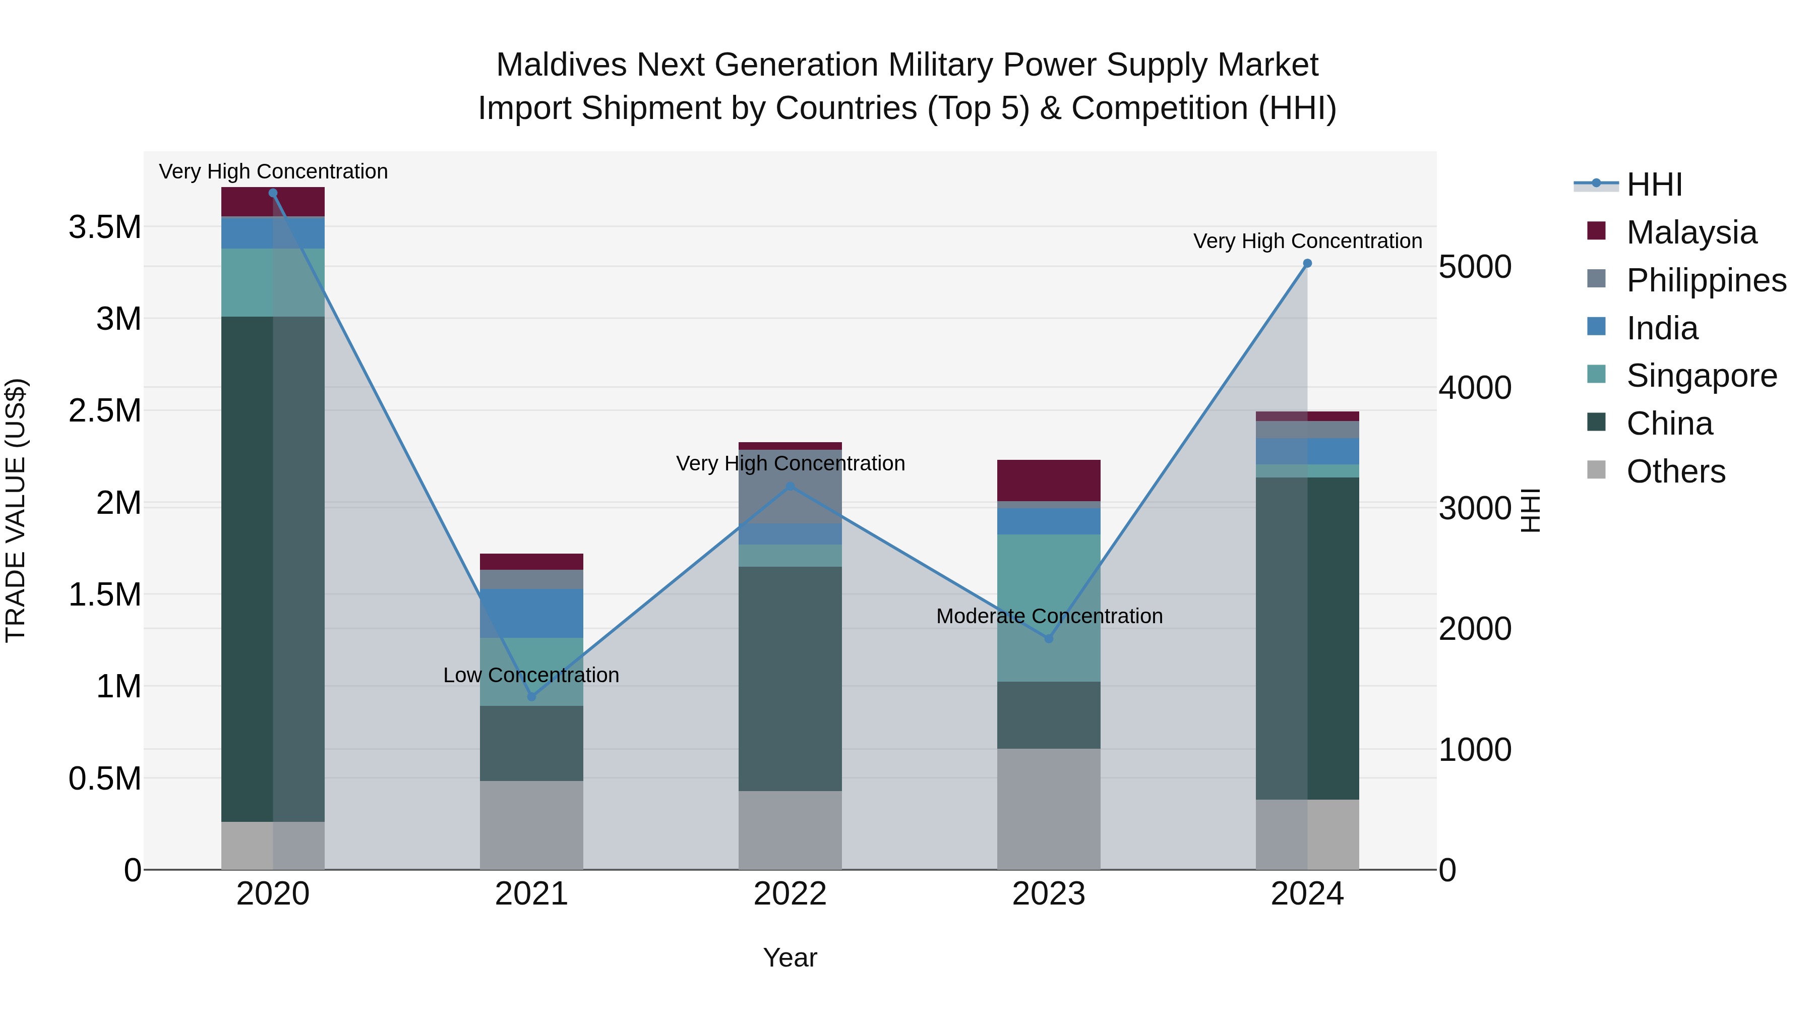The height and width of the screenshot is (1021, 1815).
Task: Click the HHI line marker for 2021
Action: pyautogui.click(x=531, y=696)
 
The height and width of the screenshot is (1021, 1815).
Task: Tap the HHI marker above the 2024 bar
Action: pyautogui.click(x=1307, y=264)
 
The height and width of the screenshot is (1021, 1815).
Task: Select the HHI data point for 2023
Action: pyautogui.click(x=1049, y=638)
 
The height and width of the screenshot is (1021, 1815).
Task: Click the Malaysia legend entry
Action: pyautogui.click(x=1691, y=232)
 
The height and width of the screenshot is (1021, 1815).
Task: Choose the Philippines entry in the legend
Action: pyautogui.click(x=1705, y=280)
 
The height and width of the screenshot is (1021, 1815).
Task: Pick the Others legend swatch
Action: pyautogui.click(x=1596, y=470)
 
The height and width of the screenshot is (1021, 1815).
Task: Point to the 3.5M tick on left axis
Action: pyautogui.click(x=104, y=227)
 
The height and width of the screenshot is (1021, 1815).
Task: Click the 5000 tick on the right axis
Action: pyautogui.click(x=1475, y=267)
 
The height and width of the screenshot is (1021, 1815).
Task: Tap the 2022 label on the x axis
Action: pyautogui.click(x=790, y=894)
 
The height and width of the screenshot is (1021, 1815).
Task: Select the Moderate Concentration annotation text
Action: pyautogui.click(x=1049, y=616)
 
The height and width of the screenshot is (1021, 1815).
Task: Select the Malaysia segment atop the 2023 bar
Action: pyautogui.click(x=1049, y=480)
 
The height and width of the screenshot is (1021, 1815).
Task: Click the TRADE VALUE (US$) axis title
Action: pyautogui.click(x=16, y=510)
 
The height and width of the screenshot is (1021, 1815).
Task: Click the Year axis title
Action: pyautogui.click(x=790, y=957)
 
